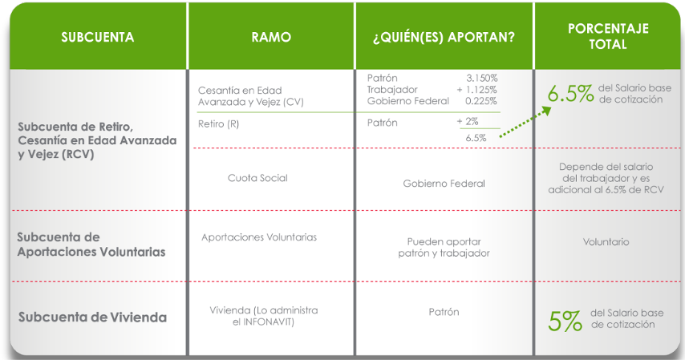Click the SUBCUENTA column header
(x=97, y=37)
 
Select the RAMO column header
(x=271, y=37)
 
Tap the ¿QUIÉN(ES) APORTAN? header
(x=444, y=37)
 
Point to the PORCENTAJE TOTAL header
(x=608, y=36)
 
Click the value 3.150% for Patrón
(x=481, y=79)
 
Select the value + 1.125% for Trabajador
(x=476, y=90)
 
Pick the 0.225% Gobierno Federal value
(x=481, y=101)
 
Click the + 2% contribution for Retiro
(x=468, y=121)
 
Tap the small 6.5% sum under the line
(x=476, y=138)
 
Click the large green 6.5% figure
(x=570, y=94)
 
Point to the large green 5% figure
(x=565, y=322)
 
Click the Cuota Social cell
(x=257, y=178)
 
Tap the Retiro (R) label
(x=218, y=124)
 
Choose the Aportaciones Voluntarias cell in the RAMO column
(x=259, y=237)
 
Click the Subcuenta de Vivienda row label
(x=92, y=318)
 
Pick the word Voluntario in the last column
(x=606, y=241)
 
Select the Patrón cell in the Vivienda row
(x=444, y=312)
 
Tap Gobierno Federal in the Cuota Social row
(x=444, y=184)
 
